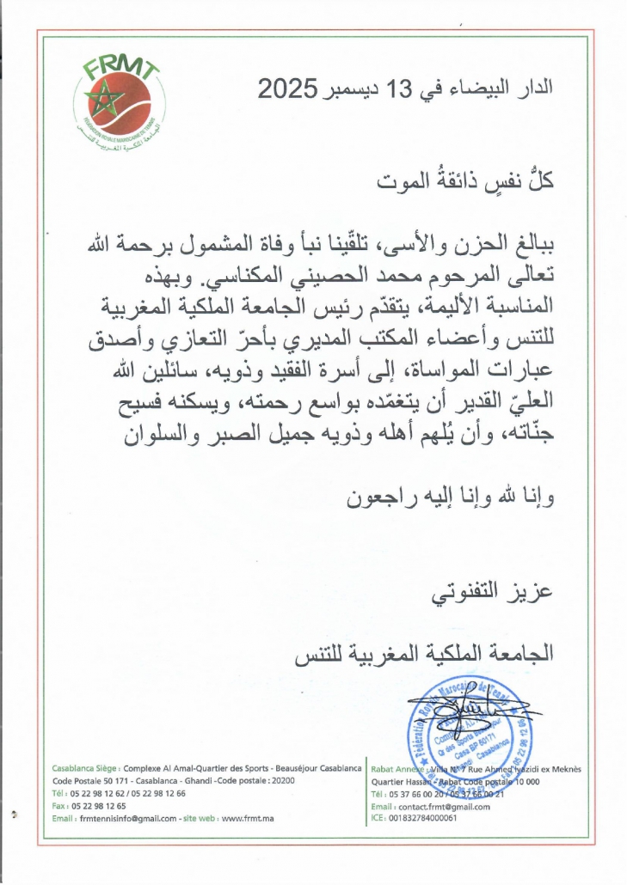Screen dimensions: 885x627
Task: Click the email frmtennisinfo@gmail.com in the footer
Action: tap(127, 818)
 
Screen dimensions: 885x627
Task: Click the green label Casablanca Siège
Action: tap(85, 767)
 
